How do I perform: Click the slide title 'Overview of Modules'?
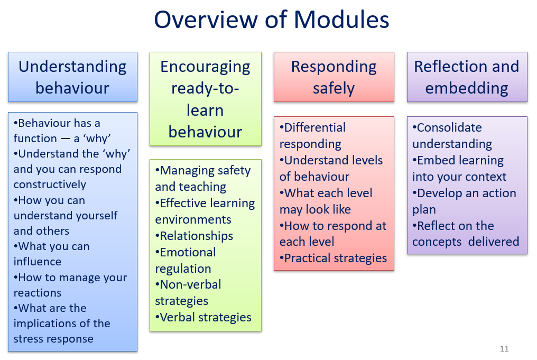click(272, 19)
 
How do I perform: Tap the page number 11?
click(504, 349)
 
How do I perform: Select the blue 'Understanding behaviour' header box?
click(72, 77)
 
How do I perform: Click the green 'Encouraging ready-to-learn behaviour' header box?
click(206, 99)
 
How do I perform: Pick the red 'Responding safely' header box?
click(334, 77)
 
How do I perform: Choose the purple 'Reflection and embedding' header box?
click(467, 77)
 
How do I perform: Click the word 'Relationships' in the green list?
click(197, 236)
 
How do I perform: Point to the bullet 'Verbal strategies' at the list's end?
click(203, 318)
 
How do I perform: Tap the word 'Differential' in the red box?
click(315, 127)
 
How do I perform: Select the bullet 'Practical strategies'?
click(333, 258)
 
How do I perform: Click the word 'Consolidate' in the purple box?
click(449, 127)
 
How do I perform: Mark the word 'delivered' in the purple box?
click(494, 242)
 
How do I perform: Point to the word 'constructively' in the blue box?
click(50, 184)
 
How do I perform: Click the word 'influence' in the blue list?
click(38, 262)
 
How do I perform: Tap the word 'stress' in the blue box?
click(27, 339)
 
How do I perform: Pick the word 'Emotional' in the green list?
click(188, 253)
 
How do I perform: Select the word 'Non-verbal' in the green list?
click(190, 284)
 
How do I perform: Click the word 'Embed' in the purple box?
click(433, 160)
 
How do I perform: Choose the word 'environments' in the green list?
click(193, 219)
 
